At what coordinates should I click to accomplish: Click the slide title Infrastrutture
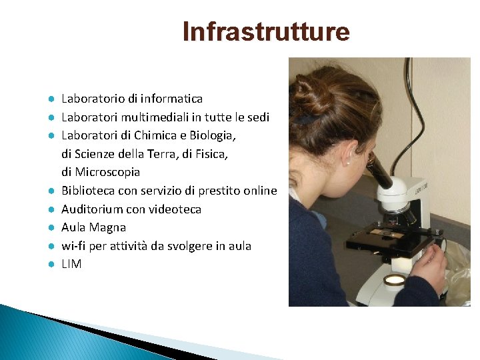[x=266, y=32]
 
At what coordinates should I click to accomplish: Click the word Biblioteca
[x=89, y=191]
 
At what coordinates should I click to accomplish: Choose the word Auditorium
[x=91, y=209]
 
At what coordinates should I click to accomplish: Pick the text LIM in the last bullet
[x=71, y=264]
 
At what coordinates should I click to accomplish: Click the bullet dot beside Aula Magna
[x=50, y=228]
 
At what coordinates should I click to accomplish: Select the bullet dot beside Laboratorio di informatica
[x=50, y=99]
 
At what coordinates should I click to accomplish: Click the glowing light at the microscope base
[x=395, y=280]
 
